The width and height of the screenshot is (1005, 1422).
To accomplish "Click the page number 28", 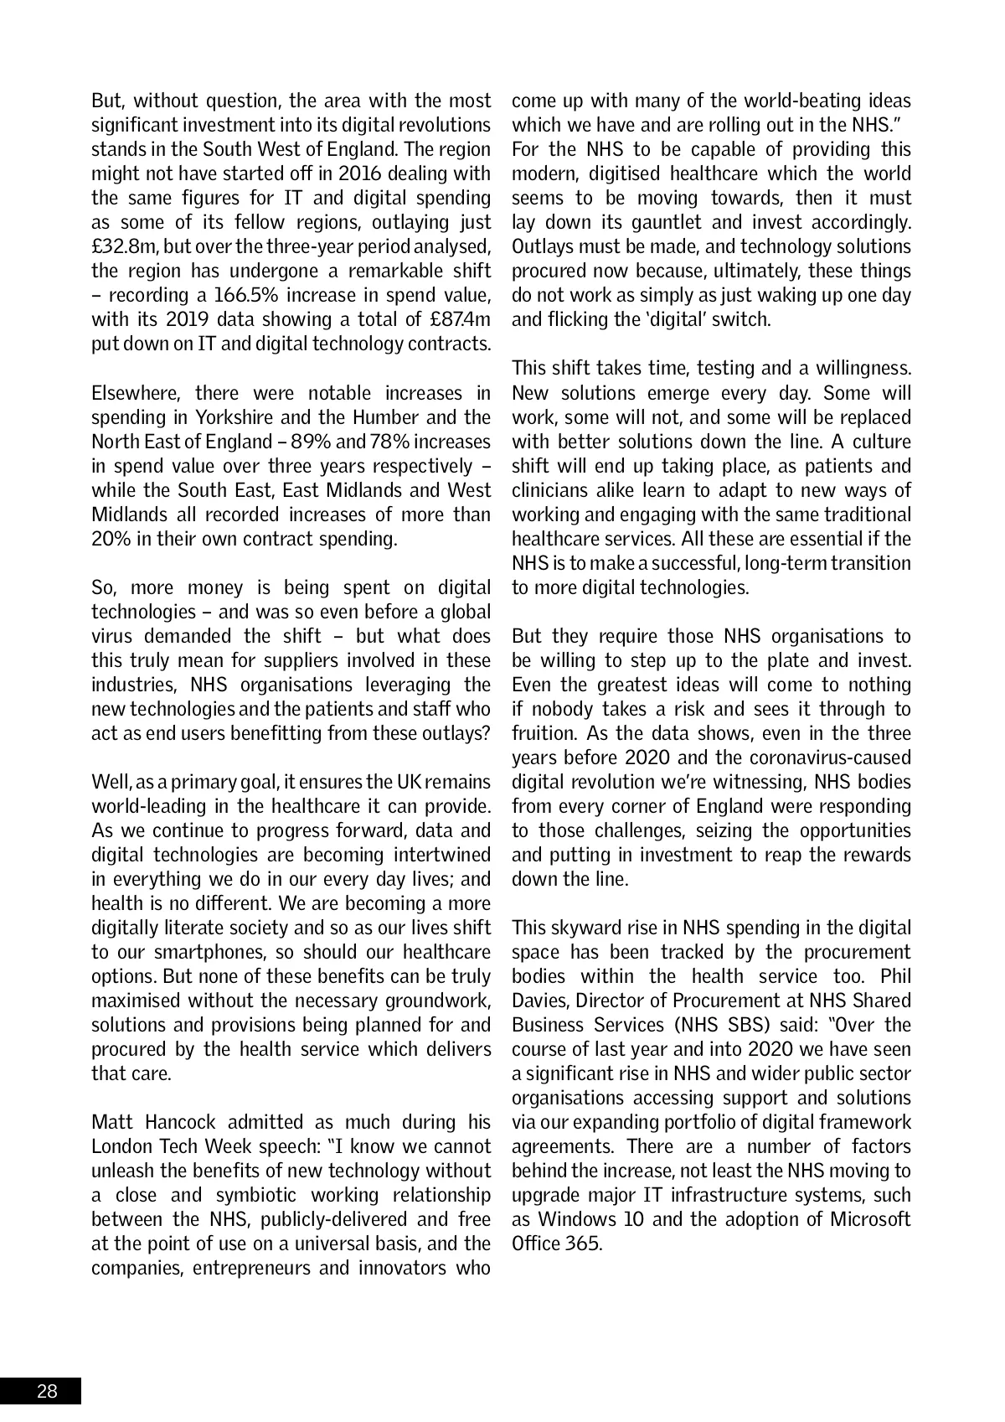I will (x=47, y=1392).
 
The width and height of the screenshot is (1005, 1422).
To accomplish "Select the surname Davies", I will (x=539, y=1001).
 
